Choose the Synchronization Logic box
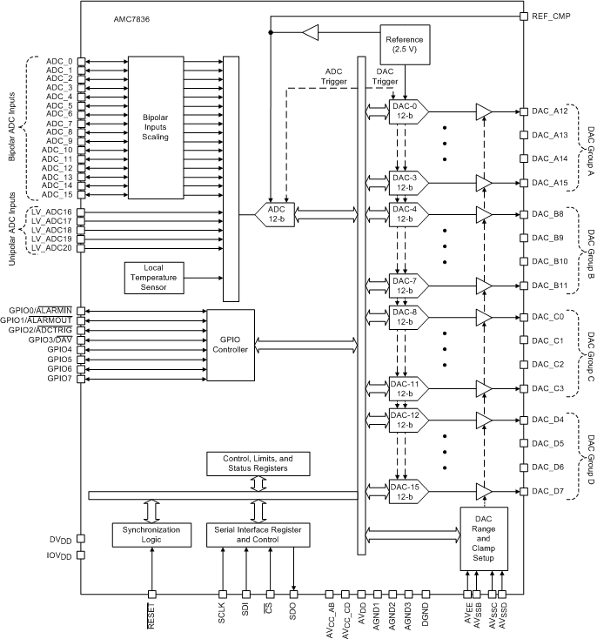click(x=151, y=534)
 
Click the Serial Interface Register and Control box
click(x=257, y=534)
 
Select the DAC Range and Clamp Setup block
click(x=483, y=538)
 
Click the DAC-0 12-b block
click(x=404, y=111)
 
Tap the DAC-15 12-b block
click(x=404, y=492)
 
